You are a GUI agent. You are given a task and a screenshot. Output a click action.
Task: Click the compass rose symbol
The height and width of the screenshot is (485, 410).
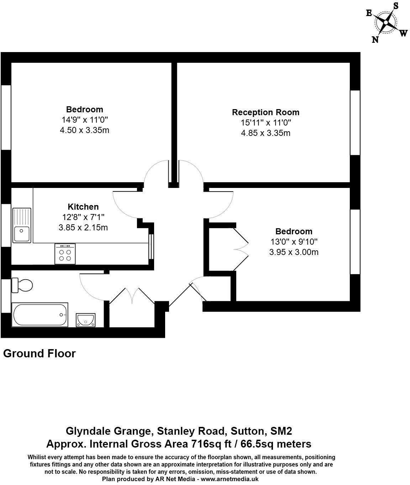pos(385,22)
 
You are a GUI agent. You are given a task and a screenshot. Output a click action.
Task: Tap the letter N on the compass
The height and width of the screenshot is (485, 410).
pos(375,40)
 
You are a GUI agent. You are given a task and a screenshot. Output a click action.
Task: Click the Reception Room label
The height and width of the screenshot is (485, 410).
pos(266,112)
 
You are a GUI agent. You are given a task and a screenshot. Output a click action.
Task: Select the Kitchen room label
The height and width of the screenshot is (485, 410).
pos(83,207)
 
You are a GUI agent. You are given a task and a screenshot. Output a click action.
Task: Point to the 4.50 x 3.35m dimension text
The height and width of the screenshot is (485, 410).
pos(84,130)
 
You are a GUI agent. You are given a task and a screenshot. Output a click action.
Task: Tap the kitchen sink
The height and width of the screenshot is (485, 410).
pos(22,225)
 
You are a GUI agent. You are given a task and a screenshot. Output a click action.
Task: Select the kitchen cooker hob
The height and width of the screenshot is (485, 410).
pos(65,254)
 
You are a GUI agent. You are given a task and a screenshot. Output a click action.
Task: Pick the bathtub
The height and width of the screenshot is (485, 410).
pos(40,315)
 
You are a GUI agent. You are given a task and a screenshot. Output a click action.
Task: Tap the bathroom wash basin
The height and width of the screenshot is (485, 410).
pos(85,320)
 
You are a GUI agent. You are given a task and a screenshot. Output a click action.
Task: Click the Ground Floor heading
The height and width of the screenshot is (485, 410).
pos(40,353)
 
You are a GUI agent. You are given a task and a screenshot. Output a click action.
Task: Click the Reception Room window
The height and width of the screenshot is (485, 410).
pos(355,123)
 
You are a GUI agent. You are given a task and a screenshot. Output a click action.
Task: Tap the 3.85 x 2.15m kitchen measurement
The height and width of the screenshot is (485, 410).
pos(83,227)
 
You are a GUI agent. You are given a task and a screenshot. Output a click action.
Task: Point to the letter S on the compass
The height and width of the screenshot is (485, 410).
pos(395,5)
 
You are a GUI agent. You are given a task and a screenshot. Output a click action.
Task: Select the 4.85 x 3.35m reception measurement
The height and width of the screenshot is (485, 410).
pos(266,133)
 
